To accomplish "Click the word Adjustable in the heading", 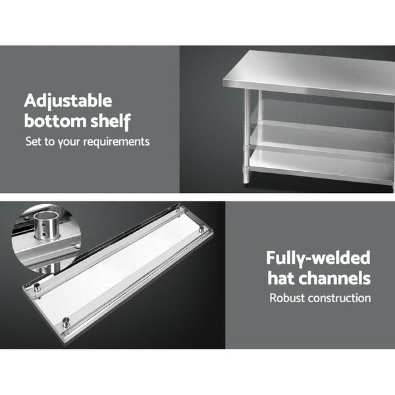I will coord(68,102).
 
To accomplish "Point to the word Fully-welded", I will coord(319,258).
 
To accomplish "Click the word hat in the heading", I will coord(280,278).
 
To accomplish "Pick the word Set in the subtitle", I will coord(33,141).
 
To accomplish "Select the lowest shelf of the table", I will coord(323,165).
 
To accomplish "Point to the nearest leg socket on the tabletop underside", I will coord(66,321).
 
